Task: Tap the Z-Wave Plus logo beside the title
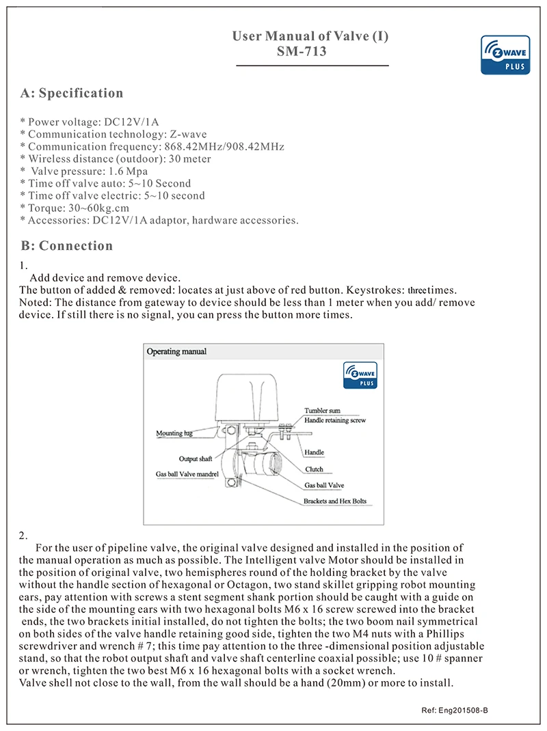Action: [505, 55]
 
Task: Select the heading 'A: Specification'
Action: [72, 94]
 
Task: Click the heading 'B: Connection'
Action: [66, 246]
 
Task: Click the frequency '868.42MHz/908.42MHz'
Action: [225, 147]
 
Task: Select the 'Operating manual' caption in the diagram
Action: [176, 352]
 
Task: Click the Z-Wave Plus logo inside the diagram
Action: [360, 375]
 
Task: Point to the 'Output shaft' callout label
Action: [196, 458]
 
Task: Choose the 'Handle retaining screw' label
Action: [335, 421]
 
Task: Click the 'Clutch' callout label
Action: [314, 469]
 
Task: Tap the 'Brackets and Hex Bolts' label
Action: [335, 501]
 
